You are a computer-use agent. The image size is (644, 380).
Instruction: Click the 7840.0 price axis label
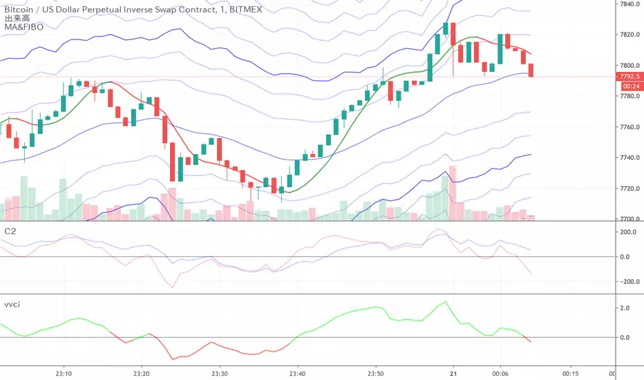coord(628,3)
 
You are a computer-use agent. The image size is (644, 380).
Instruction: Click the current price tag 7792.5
coord(629,76)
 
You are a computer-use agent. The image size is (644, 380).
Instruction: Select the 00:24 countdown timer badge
coord(629,86)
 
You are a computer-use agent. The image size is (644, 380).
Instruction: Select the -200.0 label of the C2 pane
coord(625,282)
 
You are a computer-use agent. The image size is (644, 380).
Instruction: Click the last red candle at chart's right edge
coord(531,70)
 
